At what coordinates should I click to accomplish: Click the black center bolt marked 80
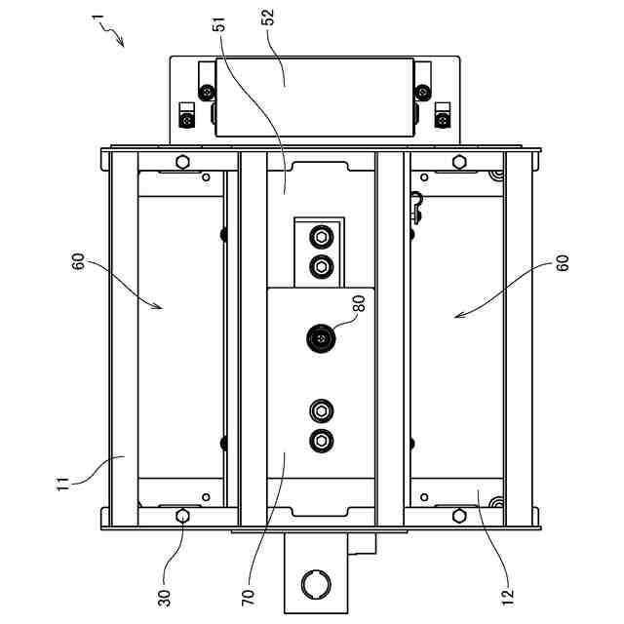click(x=320, y=338)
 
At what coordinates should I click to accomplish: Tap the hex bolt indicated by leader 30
click(x=182, y=515)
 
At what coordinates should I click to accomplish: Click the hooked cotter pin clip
click(x=416, y=206)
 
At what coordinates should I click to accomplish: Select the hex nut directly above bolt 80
click(x=320, y=265)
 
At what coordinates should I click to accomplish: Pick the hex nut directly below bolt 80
click(x=320, y=409)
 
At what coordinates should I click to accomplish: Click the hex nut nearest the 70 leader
click(x=320, y=440)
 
